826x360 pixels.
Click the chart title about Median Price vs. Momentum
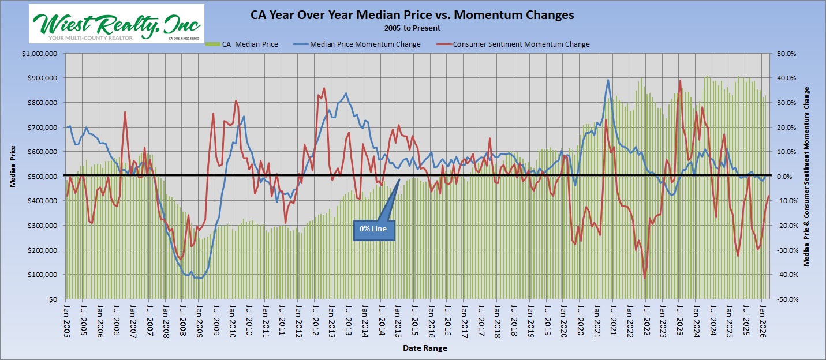412,16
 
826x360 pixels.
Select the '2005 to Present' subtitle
412,28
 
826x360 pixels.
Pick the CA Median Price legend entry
242,44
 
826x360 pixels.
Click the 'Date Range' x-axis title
425,348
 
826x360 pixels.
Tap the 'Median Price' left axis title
13,168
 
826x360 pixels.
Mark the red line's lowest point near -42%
645,279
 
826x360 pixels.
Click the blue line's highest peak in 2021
608,80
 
